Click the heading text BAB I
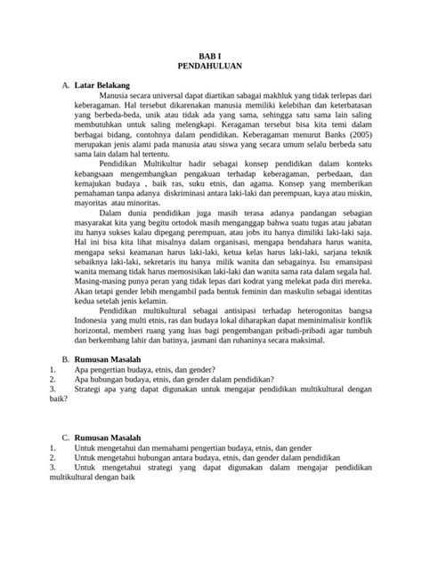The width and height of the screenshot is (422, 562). point(211,54)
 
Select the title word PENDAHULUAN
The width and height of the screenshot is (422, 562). point(211,65)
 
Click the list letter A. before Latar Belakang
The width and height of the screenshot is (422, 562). point(65,84)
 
